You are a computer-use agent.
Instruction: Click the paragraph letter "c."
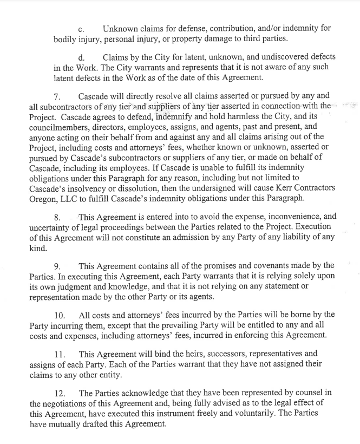point(82,28)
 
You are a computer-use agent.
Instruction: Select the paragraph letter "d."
point(82,57)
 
